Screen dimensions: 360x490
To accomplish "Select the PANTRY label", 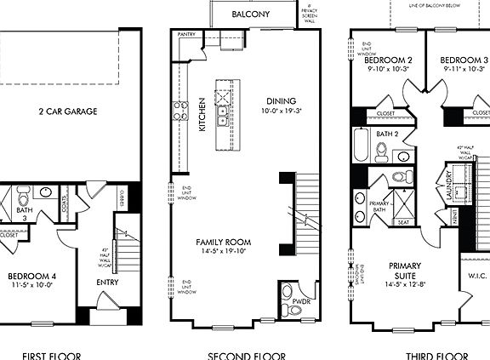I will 187,35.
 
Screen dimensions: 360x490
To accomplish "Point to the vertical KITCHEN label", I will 202,113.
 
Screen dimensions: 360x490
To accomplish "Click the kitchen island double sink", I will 223,105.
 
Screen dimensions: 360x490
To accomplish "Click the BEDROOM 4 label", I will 31,277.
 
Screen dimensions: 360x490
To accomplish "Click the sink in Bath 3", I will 44,193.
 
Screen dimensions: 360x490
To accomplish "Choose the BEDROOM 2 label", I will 388,60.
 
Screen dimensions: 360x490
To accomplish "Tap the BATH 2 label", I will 388,134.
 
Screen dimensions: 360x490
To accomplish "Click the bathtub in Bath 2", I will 359,147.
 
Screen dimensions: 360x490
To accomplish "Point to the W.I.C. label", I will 476,276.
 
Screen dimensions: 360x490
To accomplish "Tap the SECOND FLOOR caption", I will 247,356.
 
